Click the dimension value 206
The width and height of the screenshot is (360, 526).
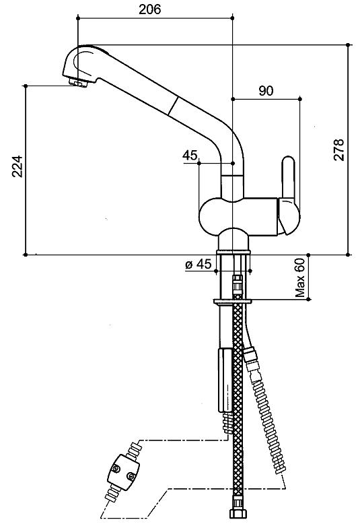[150, 9]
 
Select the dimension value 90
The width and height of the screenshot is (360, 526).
[266, 91]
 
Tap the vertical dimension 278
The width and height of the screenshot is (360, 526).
[339, 150]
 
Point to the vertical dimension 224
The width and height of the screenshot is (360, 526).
[17, 166]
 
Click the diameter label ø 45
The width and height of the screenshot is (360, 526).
[199, 264]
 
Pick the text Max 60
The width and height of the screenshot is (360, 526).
[300, 277]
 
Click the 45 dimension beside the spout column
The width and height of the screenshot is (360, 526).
[190, 155]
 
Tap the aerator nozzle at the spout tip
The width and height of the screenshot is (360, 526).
[78, 82]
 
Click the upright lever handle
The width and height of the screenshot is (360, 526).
[288, 177]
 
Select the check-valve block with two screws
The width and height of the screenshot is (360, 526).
[123, 472]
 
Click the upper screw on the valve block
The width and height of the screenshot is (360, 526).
[116, 469]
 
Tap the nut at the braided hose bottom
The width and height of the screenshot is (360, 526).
[238, 514]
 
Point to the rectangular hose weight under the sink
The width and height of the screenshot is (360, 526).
[225, 380]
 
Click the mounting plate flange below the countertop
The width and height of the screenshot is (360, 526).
[233, 302]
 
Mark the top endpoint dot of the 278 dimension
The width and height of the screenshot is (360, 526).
[348, 44]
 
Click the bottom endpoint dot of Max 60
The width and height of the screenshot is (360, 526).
[309, 299]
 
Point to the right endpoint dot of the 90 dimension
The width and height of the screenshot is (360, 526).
[300, 99]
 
